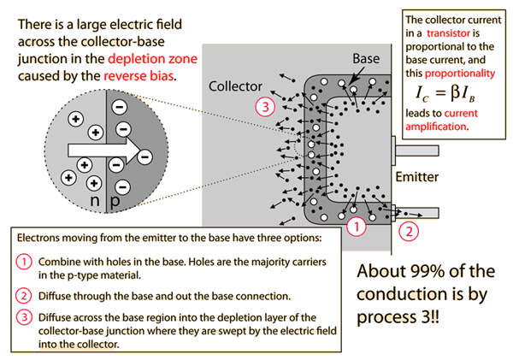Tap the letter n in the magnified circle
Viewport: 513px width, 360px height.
94,204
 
